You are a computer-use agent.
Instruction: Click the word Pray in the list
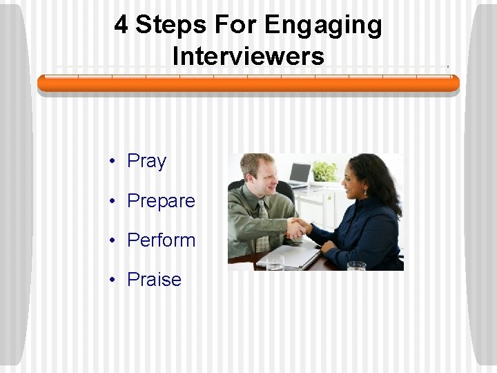point(147,162)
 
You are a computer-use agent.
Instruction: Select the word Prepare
point(161,202)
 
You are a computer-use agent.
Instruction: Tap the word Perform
point(162,241)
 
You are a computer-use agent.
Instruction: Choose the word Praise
point(154,280)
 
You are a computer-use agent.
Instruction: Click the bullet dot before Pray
point(110,162)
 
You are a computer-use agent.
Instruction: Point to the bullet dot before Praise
point(110,280)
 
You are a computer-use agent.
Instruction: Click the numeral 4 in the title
point(121,26)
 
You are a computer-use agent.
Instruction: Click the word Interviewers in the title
point(248,55)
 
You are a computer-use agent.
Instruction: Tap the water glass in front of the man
point(275,263)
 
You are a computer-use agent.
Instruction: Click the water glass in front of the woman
point(356,266)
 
